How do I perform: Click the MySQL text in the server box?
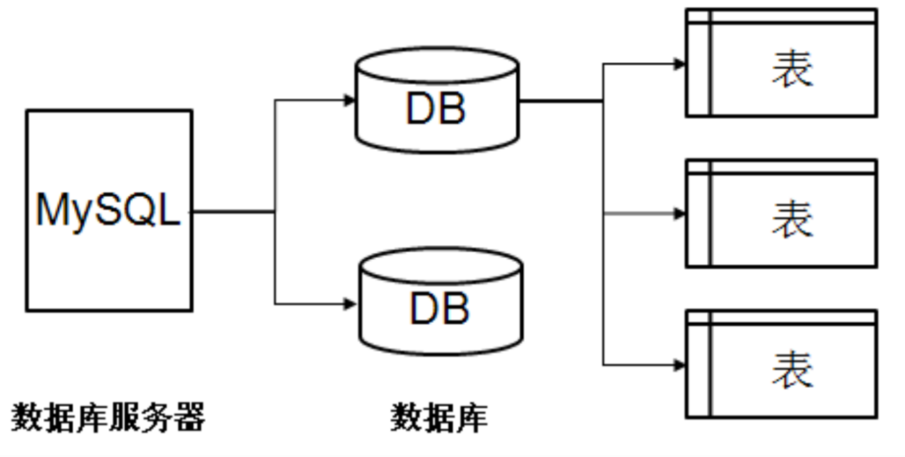pos(108,210)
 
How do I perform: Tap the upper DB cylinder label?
pos(436,109)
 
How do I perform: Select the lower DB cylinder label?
pos(439,309)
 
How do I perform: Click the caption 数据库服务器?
pos(108,417)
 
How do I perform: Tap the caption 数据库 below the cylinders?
pos(439,417)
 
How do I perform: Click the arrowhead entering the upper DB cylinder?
pos(348,100)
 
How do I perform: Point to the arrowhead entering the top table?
pos(679,64)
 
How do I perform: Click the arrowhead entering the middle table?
pos(679,213)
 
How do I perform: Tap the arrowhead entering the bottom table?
pos(679,365)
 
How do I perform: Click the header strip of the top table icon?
pos(792,17)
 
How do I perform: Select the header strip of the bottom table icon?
pos(792,318)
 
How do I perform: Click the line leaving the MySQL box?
pos(233,210)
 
